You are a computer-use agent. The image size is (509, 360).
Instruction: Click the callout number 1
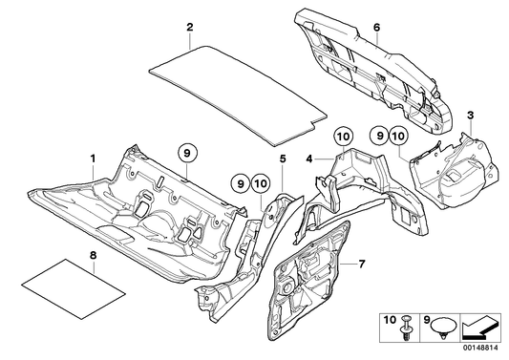click(x=94, y=159)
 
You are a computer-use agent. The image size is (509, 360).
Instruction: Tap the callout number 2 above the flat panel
click(x=190, y=28)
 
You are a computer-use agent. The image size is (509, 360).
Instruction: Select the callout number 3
click(x=471, y=116)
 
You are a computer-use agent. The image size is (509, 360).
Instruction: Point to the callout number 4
click(x=309, y=159)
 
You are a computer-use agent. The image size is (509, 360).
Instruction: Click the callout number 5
click(x=283, y=159)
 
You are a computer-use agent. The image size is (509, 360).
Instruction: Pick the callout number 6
click(x=376, y=28)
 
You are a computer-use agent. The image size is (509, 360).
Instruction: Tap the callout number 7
click(x=362, y=264)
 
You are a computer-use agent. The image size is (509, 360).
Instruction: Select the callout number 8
click(x=94, y=256)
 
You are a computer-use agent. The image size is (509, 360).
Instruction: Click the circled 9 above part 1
click(x=187, y=154)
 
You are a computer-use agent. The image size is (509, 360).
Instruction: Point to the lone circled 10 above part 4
click(x=344, y=137)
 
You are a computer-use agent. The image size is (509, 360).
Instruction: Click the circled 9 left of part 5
click(x=241, y=184)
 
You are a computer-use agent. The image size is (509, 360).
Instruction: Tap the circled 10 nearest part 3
click(x=399, y=136)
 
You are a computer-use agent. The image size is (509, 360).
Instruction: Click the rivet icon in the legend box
click(x=406, y=328)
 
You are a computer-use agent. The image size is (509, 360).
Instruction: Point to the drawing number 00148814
click(x=482, y=348)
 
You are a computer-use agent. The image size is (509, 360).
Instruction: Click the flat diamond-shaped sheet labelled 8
click(x=74, y=288)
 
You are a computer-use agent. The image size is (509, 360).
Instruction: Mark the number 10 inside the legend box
click(x=390, y=321)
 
